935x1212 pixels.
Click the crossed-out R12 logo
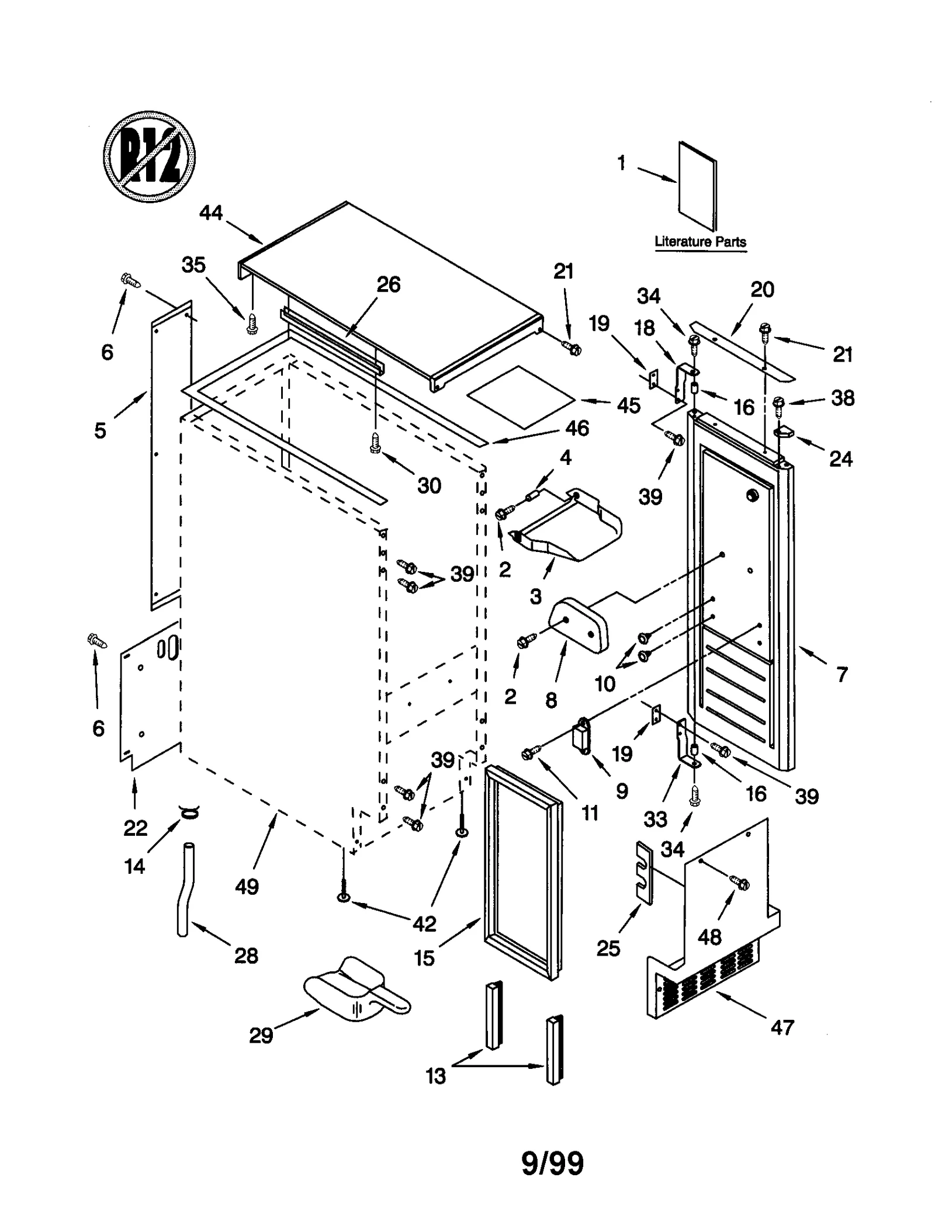click(149, 157)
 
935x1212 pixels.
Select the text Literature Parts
click(699, 241)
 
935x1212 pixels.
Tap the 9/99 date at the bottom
click(552, 1164)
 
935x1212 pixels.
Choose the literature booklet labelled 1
click(697, 186)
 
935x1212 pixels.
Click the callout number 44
click(211, 213)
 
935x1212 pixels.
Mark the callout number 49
click(247, 887)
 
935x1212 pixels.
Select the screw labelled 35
click(252, 323)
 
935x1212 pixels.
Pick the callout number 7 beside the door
click(841, 675)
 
